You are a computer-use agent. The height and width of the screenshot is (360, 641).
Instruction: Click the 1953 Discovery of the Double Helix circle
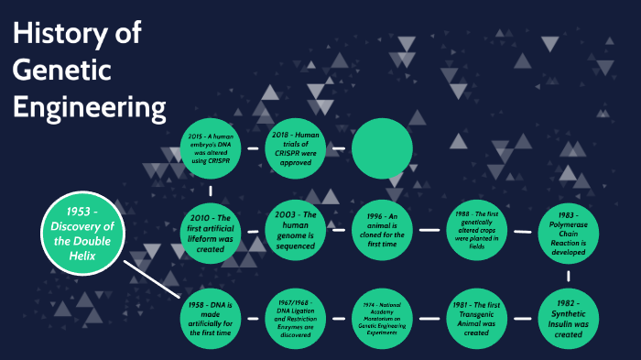click(x=81, y=233)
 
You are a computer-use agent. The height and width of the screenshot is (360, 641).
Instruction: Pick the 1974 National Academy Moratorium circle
click(x=382, y=317)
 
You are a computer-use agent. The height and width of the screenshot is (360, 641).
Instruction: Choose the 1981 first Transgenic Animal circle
click(x=475, y=317)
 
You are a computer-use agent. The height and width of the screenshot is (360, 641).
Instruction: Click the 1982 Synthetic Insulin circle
click(x=562, y=317)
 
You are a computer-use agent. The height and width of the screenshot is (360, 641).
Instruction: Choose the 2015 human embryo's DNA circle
click(x=212, y=147)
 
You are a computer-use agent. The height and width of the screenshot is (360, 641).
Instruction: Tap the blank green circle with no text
click(x=382, y=147)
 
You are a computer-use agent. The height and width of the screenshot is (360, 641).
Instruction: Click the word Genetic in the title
click(x=61, y=71)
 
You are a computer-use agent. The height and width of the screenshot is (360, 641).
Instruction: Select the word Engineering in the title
click(x=89, y=107)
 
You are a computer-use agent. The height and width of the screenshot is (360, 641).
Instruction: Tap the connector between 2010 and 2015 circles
click(x=212, y=191)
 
